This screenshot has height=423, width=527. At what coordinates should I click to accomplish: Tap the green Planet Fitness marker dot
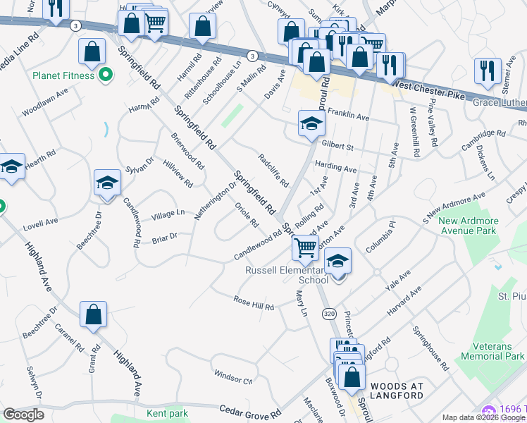[x=106, y=73]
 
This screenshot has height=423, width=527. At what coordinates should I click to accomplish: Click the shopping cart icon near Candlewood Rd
[x=305, y=247]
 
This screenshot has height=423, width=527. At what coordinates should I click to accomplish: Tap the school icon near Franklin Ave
[x=309, y=124]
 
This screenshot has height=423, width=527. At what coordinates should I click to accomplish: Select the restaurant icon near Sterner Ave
[x=485, y=70]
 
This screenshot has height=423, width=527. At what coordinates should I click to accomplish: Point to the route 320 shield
[x=329, y=312]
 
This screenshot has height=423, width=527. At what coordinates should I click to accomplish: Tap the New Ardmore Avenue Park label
[x=469, y=225]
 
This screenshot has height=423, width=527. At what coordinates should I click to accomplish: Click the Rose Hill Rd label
[x=254, y=303]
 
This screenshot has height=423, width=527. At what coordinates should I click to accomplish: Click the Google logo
[x=23, y=414]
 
